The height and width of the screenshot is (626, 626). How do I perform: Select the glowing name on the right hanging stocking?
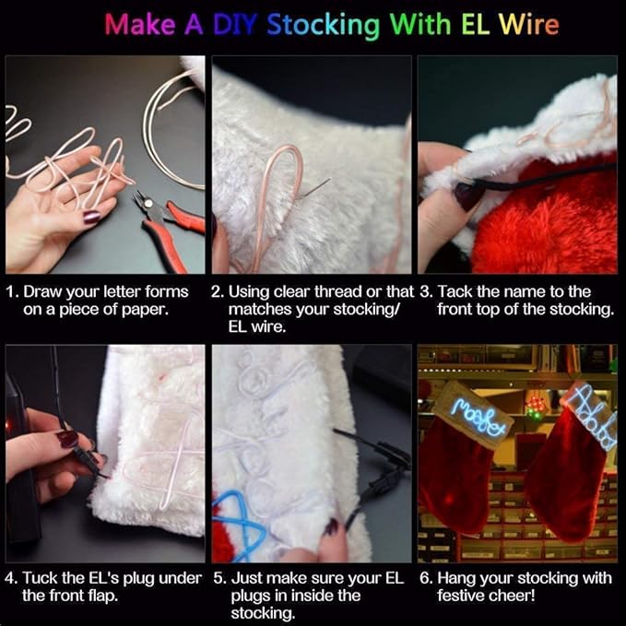coord(590,415)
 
